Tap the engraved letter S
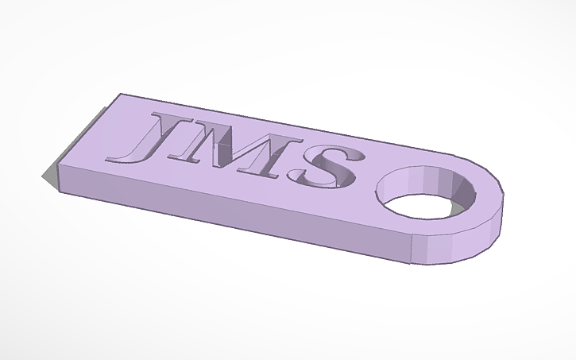coord(329,165)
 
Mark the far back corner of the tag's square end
coord(120,94)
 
